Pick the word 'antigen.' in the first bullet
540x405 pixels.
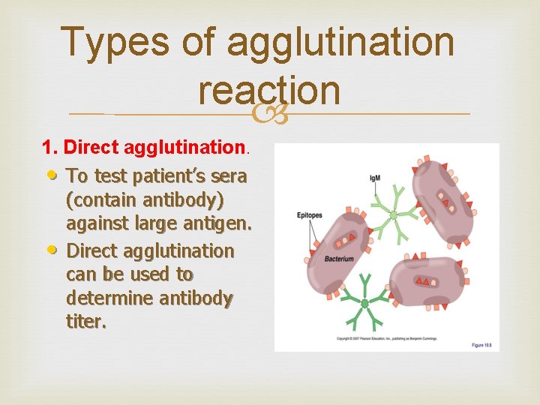(x=218, y=224)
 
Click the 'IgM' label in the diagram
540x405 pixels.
(x=375, y=178)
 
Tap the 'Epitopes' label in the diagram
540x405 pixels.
(x=310, y=215)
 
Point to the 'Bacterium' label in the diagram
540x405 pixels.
(x=339, y=259)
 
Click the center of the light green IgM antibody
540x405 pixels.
(x=393, y=215)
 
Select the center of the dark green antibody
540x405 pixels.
(x=364, y=303)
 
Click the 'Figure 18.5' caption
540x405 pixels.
(x=482, y=344)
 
